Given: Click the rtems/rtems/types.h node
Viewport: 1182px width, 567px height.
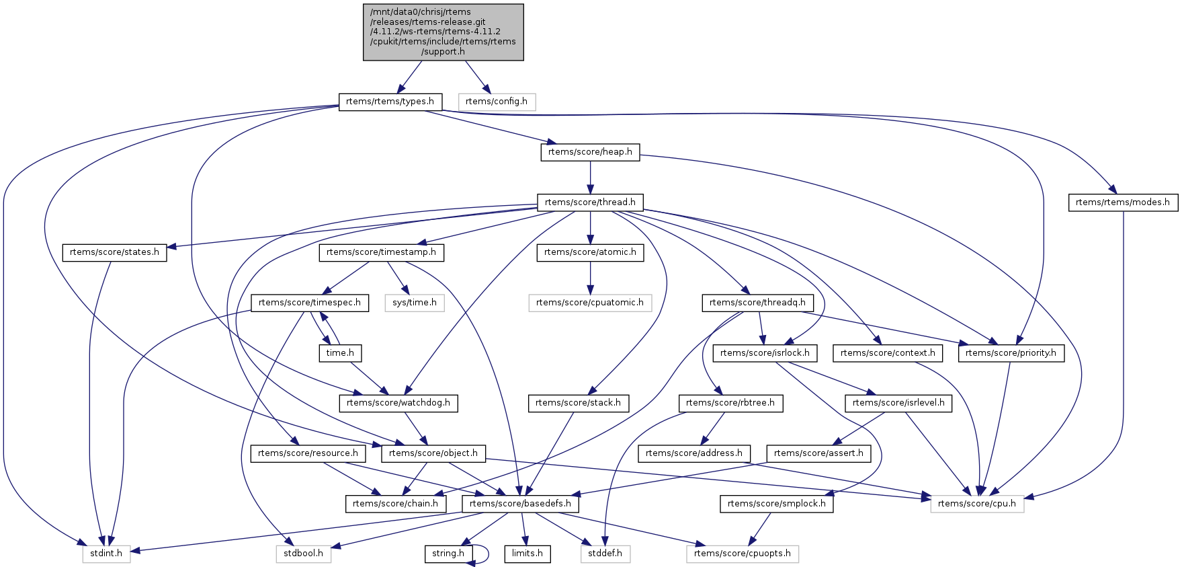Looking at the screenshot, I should pyautogui.click(x=390, y=102).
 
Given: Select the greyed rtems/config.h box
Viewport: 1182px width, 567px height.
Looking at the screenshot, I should pyautogui.click(x=497, y=102).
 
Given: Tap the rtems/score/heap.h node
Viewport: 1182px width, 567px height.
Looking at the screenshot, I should pyautogui.click(x=590, y=152).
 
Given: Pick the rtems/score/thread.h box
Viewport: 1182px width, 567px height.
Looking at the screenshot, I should pyautogui.click(x=590, y=202).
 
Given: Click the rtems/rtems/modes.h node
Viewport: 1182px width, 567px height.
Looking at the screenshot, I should pyautogui.click(x=1122, y=202).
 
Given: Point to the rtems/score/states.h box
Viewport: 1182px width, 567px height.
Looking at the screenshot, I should pyautogui.click(x=114, y=252).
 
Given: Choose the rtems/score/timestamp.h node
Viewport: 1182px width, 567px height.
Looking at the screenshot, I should pyautogui.click(x=381, y=252).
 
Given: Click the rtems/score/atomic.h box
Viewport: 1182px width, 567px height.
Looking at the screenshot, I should pyautogui.click(x=590, y=252).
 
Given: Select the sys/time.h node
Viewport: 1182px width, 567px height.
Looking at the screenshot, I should pyautogui.click(x=415, y=303).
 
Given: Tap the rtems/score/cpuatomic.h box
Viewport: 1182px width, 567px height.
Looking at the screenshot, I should pyautogui.click(x=590, y=303).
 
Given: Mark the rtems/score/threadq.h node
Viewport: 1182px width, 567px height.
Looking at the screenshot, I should pyautogui.click(x=757, y=303).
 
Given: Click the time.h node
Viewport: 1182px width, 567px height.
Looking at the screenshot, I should pyautogui.click(x=340, y=352).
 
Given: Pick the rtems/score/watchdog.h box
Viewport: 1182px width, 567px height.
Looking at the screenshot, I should pyautogui.click(x=399, y=403).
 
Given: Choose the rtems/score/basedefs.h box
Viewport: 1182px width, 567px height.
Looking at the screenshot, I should pyautogui.click(x=521, y=503).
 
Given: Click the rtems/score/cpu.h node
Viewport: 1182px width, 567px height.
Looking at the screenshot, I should pyautogui.click(x=977, y=503).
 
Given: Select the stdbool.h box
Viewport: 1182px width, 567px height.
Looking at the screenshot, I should pyautogui.click(x=303, y=554).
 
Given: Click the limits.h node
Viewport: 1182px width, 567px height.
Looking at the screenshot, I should pyautogui.click(x=527, y=554).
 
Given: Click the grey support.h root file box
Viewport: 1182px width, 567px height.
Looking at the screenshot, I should pyautogui.click(x=443, y=32).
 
